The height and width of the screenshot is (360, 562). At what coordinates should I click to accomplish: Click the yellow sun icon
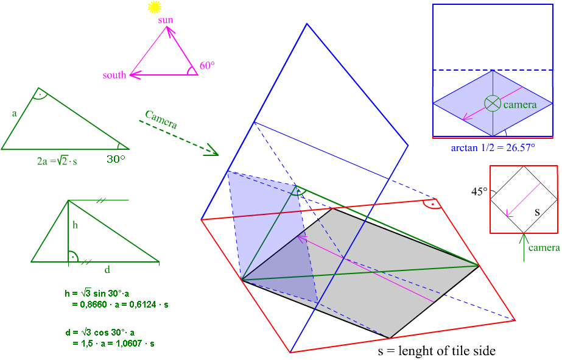pyautogui.click(x=155, y=7)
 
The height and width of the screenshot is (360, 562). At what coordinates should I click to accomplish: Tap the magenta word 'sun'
pyautogui.click(x=166, y=20)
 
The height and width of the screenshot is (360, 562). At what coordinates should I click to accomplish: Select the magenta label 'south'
pyautogui.click(x=114, y=76)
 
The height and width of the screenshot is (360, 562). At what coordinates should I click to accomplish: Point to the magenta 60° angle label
pyautogui.click(x=208, y=66)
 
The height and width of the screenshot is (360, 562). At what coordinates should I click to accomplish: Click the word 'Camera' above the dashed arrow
pyautogui.click(x=161, y=119)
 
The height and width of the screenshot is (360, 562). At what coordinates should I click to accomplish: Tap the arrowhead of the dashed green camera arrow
pyautogui.click(x=213, y=150)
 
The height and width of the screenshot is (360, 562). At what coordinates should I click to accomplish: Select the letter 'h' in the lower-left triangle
pyautogui.click(x=76, y=225)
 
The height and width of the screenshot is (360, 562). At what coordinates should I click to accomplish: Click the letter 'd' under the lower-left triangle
pyautogui.click(x=107, y=269)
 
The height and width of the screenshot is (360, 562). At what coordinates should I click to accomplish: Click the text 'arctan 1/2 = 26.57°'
pyautogui.click(x=493, y=148)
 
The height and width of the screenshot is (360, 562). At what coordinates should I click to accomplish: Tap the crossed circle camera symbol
pyautogui.click(x=493, y=103)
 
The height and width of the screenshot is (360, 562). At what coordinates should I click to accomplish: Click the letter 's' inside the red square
pyautogui.click(x=538, y=213)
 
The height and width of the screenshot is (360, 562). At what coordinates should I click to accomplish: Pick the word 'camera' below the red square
pyautogui.click(x=544, y=248)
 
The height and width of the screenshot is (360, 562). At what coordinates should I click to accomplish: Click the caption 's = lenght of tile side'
pyautogui.click(x=437, y=351)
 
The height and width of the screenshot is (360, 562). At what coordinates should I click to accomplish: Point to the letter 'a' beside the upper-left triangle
pyautogui.click(x=14, y=113)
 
